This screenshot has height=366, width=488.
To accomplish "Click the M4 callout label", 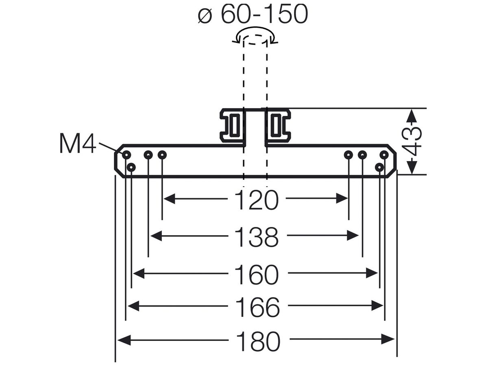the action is click(x=78, y=143).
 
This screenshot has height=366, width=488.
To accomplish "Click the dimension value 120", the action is click(x=256, y=200).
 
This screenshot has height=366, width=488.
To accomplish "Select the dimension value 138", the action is click(x=256, y=237).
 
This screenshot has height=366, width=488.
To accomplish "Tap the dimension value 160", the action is click(x=256, y=274).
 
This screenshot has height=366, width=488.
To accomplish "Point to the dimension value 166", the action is click(x=257, y=307).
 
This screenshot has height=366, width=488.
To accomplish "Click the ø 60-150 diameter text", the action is click(x=253, y=14).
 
